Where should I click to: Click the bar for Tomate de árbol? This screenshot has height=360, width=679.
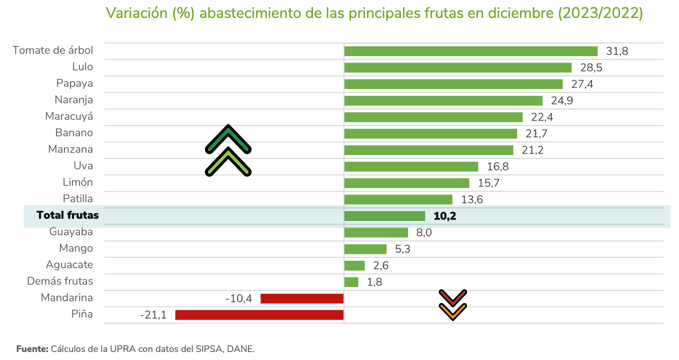[x=470, y=51]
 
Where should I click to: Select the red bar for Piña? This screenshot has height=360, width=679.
[x=259, y=315]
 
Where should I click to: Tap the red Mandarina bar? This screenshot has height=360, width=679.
[x=302, y=298]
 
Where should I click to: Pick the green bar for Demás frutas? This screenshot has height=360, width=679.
[x=351, y=282]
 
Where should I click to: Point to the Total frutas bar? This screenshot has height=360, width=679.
[x=384, y=216]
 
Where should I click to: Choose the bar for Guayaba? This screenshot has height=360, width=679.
[x=376, y=232]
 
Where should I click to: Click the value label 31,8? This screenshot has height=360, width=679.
[x=617, y=51]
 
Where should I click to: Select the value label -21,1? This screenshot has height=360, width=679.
[x=153, y=315]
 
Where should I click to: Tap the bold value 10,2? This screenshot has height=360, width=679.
[x=445, y=216]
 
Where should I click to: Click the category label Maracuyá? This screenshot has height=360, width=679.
[x=69, y=116]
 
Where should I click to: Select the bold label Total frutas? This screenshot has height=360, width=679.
[x=67, y=215]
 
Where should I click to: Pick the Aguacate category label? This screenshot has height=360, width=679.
[x=69, y=265]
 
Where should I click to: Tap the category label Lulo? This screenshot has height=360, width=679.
[x=82, y=67]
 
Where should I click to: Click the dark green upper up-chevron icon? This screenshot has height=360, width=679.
[x=228, y=139]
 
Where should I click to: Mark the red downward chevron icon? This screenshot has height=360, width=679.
[x=452, y=298]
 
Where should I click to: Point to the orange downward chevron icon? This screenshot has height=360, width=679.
[x=452, y=312]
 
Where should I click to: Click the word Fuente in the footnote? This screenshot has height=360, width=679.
[x=32, y=348]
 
